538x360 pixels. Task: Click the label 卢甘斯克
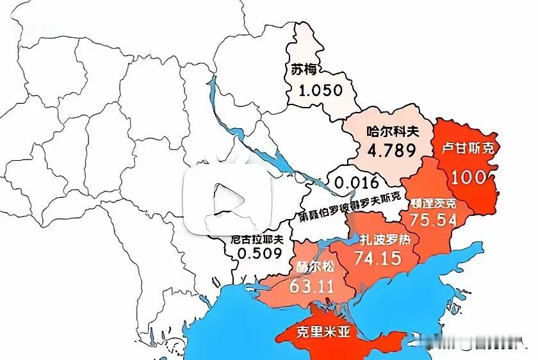point(468,149)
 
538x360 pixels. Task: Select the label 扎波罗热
point(385,240)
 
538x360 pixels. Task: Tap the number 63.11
point(312,286)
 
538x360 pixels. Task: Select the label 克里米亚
point(312,333)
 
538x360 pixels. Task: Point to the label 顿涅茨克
point(434,204)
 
